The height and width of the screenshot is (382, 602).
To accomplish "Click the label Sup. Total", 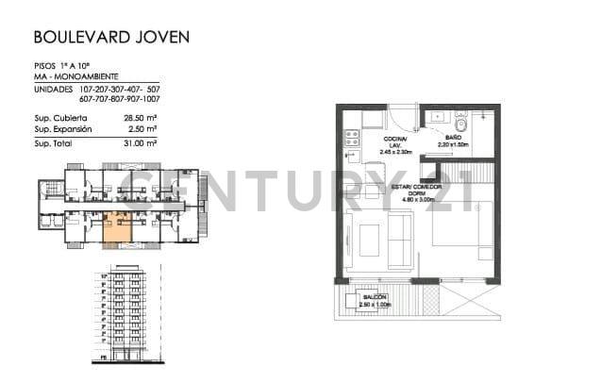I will pyautogui.click(x=53, y=143).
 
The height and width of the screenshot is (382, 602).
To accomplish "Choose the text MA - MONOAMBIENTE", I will pyautogui.click(x=69, y=76).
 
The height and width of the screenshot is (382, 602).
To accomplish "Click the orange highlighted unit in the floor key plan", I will pyautogui.click(x=118, y=227).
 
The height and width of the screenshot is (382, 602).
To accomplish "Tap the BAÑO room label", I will pyautogui.click(x=453, y=138).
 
